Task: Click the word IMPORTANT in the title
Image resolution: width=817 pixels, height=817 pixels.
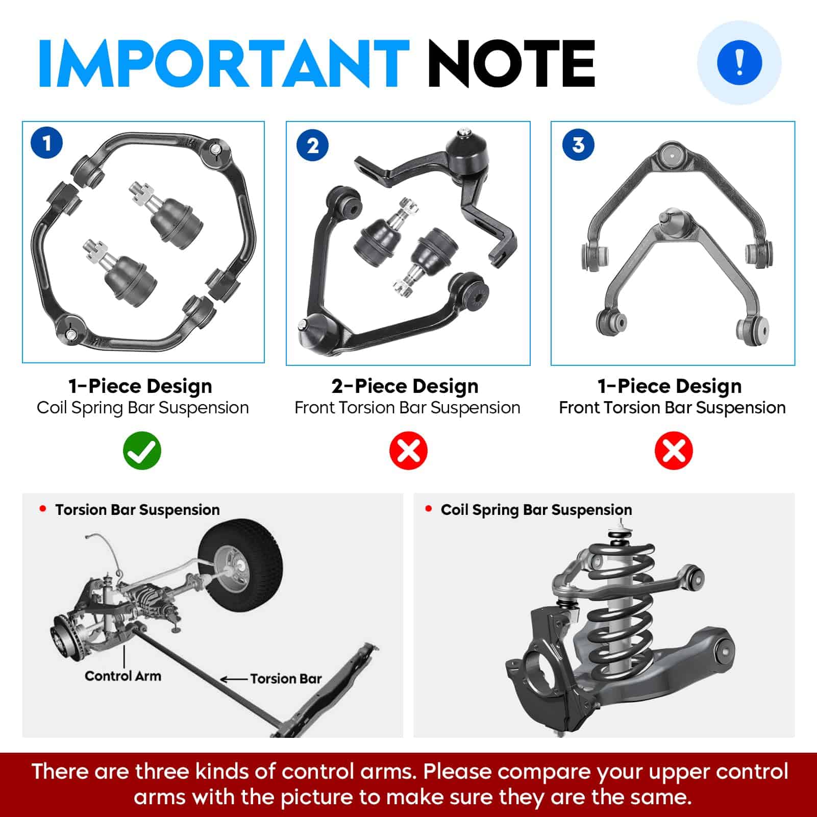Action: point(224,63)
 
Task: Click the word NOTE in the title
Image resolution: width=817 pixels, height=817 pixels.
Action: point(511,63)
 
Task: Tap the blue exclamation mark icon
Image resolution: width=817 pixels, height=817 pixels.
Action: point(739,63)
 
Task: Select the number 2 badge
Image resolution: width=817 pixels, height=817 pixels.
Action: point(313,145)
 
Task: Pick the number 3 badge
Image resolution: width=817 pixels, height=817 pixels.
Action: point(578,144)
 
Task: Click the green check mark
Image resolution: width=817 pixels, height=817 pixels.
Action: point(142,451)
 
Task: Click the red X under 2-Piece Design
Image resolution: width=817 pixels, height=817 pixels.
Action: point(408,451)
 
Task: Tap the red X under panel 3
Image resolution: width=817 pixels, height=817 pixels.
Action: point(674,451)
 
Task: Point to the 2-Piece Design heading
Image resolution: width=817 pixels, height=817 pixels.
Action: point(405,386)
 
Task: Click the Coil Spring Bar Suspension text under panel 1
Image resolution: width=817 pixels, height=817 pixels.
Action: point(143,408)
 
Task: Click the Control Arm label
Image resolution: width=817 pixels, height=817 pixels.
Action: point(123,676)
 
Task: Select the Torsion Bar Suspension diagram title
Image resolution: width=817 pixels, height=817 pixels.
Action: point(137,510)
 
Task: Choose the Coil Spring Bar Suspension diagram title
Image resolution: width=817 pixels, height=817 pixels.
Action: point(536,510)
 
